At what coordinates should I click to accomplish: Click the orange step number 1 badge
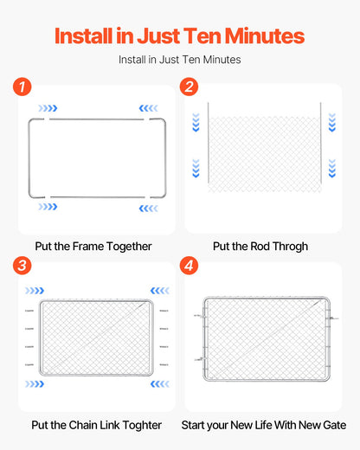(22, 87)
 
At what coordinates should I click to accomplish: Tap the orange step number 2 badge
(190, 87)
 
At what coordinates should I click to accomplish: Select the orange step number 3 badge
(22, 266)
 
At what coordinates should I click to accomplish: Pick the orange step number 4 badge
(190, 266)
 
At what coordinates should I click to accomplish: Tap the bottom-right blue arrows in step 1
(147, 208)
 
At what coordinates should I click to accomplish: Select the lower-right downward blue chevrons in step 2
(331, 167)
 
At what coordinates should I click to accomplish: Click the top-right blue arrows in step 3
(158, 291)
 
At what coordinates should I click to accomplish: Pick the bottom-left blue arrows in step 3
(35, 383)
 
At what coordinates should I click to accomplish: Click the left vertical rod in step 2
(209, 143)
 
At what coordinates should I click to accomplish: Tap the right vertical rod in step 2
(320, 143)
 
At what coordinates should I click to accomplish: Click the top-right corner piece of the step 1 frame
(156, 120)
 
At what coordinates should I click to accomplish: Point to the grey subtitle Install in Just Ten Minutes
(179, 60)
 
